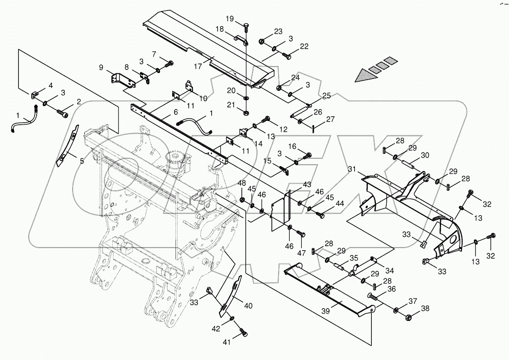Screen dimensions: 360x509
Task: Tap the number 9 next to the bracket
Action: pos(102,67)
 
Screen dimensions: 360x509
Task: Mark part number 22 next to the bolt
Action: pos(304,47)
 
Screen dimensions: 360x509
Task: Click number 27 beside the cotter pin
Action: pos(330,119)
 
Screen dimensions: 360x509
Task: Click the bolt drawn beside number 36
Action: pos(374,298)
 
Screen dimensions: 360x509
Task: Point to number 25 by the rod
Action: pos(326,96)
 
